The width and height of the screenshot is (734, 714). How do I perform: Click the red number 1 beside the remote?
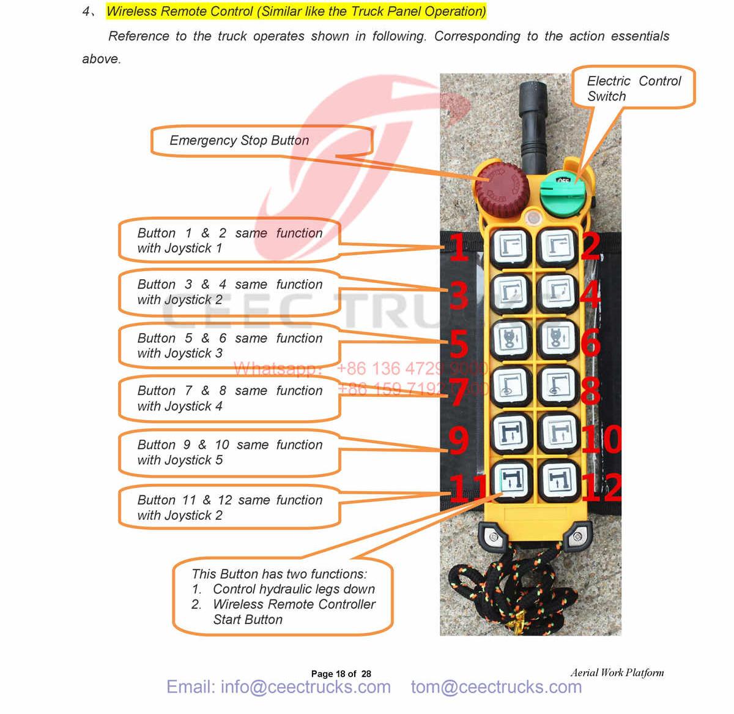[x=459, y=248]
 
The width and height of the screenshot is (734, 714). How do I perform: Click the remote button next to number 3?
[x=511, y=294]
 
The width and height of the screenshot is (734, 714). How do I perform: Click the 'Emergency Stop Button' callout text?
[x=239, y=141]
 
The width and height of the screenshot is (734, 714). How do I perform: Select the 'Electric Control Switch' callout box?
[x=634, y=88]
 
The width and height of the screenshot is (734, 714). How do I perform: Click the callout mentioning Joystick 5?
[x=229, y=453]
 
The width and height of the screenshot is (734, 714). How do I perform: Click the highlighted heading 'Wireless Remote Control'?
[x=296, y=12]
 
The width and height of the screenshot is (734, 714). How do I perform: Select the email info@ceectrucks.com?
[x=278, y=687]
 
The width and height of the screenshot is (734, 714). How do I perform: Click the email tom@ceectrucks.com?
[x=496, y=687]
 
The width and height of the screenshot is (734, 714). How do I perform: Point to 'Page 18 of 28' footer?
[x=341, y=674]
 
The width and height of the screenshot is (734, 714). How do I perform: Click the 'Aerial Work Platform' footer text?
[x=617, y=672]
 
